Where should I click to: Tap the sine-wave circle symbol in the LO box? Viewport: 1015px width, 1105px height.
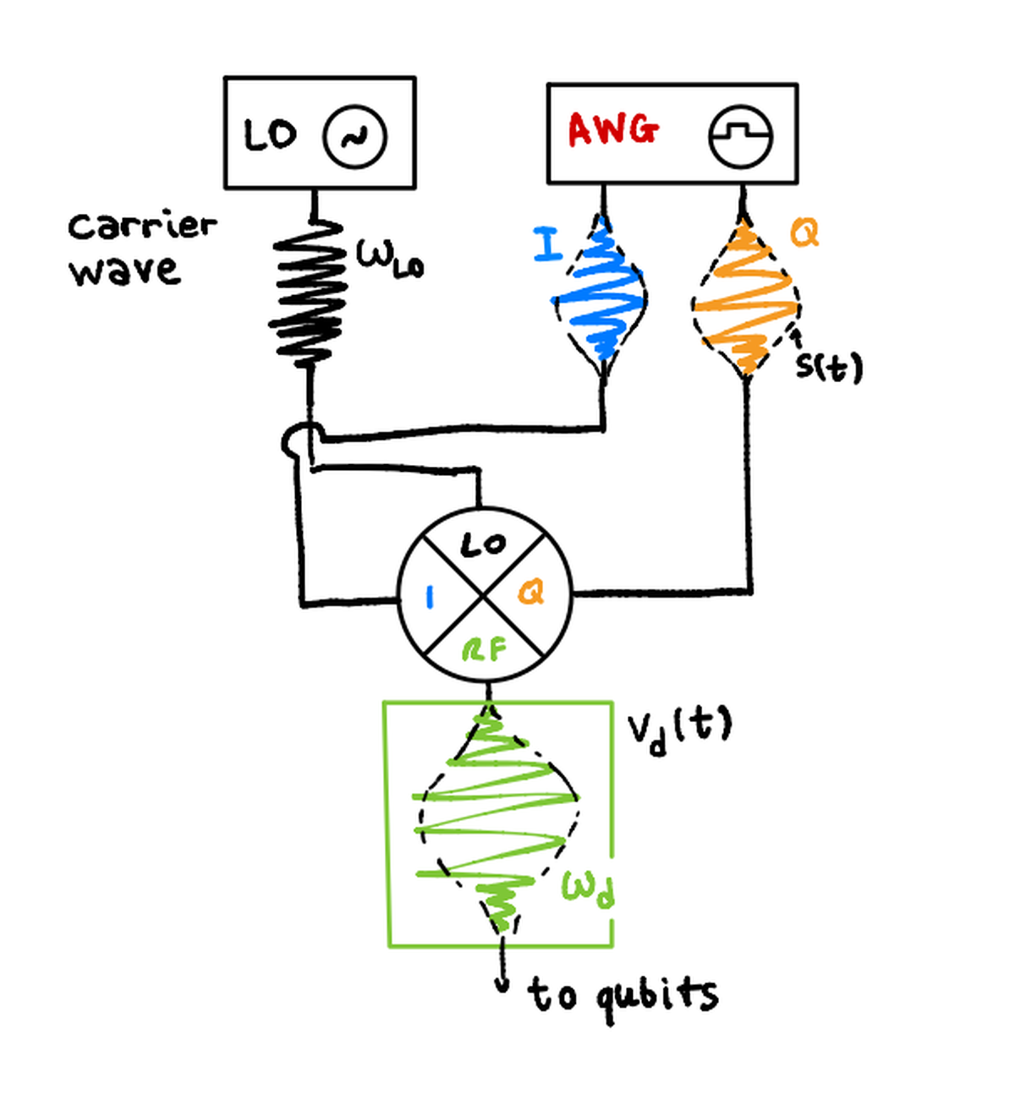(354, 135)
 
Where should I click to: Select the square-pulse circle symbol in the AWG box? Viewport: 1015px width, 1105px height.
(740, 135)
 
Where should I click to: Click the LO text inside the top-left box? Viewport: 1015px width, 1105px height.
(270, 134)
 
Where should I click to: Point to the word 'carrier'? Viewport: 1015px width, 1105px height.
(142, 226)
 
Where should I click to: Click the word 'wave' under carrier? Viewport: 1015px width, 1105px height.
(124, 271)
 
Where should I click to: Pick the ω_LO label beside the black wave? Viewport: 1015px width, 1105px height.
(388, 256)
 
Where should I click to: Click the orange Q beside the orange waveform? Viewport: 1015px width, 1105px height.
(804, 232)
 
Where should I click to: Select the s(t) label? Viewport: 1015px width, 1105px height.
(829, 366)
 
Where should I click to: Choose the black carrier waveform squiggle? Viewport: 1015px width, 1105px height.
(309, 292)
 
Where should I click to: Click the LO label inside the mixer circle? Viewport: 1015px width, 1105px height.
(483, 545)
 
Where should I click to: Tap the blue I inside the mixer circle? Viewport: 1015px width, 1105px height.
(430, 597)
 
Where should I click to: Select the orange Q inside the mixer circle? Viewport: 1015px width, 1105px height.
(531, 593)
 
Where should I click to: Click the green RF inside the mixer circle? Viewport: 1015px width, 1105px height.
(484, 650)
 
